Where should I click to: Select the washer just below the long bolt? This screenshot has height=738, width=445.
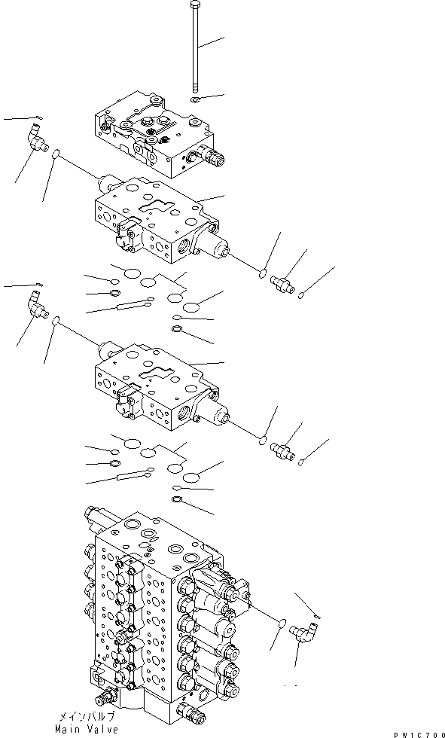click(194, 99)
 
